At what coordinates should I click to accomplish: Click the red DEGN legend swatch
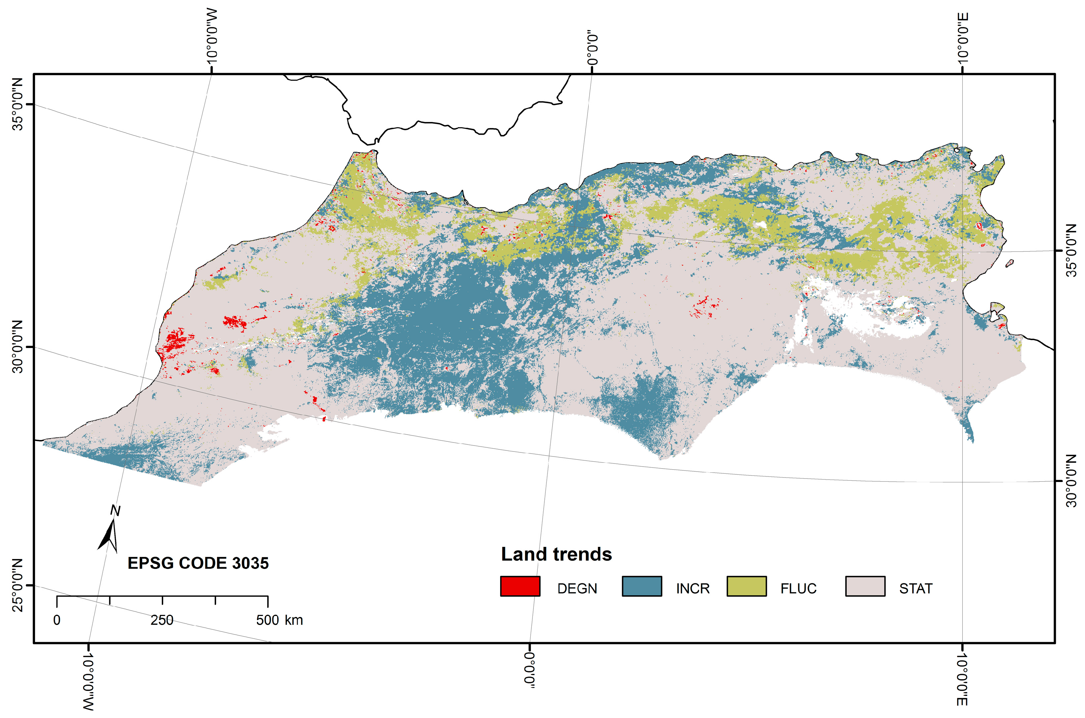(520, 586)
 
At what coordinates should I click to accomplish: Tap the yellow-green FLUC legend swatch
(746, 586)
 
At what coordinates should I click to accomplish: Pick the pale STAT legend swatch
(865, 586)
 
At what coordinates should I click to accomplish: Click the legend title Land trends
(556, 554)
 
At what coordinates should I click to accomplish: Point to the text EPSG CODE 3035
(198, 563)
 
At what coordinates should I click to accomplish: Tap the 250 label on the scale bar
(162, 620)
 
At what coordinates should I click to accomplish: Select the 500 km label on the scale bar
(279, 620)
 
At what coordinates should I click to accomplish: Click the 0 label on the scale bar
(57, 620)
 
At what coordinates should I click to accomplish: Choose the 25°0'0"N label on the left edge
(18, 585)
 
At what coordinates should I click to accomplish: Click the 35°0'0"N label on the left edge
(18, 104)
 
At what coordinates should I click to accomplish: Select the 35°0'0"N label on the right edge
(1071, 250)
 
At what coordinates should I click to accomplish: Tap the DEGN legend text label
(577, 588)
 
